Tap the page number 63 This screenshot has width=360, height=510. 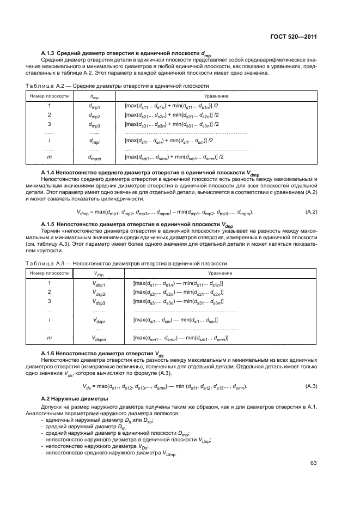(x=313, y=464)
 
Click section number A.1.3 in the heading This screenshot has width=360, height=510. (x=51, y=52)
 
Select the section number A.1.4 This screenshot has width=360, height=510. (x=51, y=172)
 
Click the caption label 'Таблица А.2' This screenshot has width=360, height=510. (x=47, y=86)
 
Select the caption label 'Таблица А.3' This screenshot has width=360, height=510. (x=47, y=263)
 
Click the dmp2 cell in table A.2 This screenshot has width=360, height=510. (x=94, y=116)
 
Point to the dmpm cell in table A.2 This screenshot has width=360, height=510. (x=95, y=157)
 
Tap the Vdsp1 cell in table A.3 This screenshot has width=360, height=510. (x=99, y=284)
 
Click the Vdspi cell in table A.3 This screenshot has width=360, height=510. (x=99, y=320)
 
